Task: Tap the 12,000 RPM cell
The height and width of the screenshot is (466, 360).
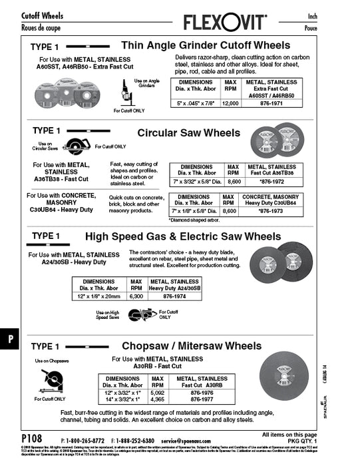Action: click(x=230, y=104)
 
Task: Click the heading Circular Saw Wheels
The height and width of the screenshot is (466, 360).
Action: click(x=188, y=133)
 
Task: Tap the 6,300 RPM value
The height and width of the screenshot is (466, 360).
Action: click(x=136, y=296)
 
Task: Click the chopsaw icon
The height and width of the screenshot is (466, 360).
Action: click(x=52, y=381)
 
